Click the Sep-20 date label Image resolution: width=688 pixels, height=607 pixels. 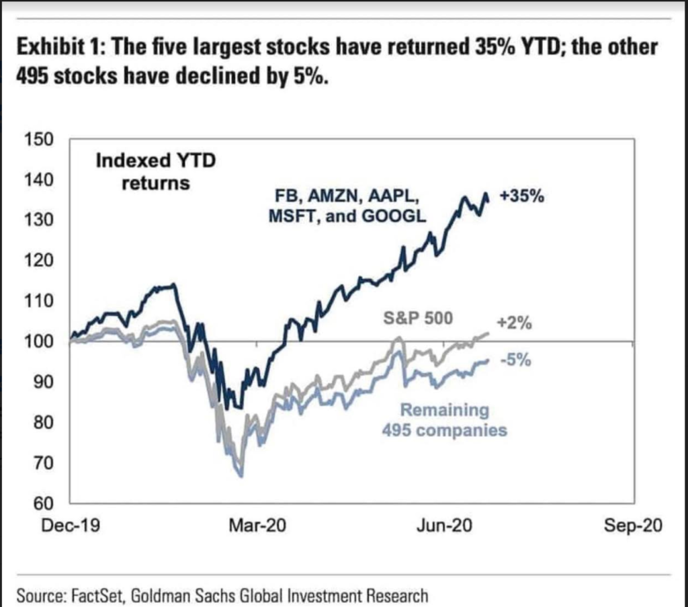coord(633,526)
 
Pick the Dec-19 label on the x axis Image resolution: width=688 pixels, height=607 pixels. coord(71,526)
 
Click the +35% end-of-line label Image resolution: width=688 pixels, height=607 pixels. coord(521,197)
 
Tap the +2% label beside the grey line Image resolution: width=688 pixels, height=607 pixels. coord(516,323)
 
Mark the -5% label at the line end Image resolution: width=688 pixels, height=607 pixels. coord(516,361)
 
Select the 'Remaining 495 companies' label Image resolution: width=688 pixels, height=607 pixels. coord(444,419)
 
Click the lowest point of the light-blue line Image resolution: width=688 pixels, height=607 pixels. coord(241,476)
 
